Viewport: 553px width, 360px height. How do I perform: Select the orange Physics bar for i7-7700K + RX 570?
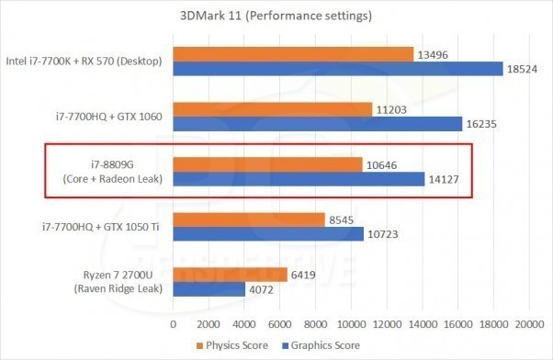(x=293, y=54)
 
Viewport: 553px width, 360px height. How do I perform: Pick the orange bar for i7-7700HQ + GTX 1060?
(x=273, y=109)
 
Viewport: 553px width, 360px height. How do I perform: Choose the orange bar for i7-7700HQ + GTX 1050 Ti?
(x=249, y=219)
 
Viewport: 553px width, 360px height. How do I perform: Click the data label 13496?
(x=433, y=54)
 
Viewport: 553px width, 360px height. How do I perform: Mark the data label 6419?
(x=303, y=275)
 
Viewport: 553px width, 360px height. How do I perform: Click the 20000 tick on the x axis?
(x=528, y=324)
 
